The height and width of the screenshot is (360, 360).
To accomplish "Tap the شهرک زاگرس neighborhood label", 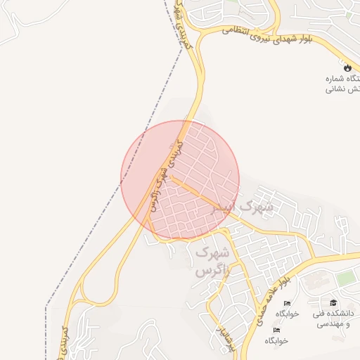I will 210,260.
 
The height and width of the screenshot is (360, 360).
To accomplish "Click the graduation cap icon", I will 332,302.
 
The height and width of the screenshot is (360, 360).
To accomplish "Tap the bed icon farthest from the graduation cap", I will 276,329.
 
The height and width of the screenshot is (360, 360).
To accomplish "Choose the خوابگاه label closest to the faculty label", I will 286,314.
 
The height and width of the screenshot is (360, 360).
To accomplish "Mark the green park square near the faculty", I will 345,278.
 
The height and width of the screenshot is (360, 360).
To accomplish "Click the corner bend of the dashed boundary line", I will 46,307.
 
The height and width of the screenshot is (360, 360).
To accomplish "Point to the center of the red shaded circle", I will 180,180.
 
